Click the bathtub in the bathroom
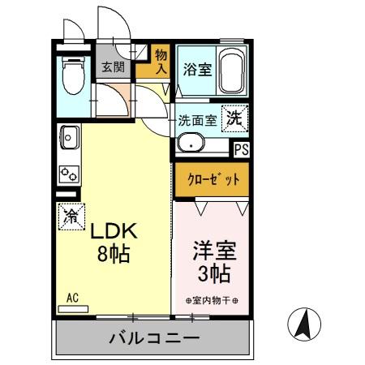point(234,71)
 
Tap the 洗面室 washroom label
point(197,121)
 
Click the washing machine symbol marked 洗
point(234,117)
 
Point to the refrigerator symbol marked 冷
point(71,217)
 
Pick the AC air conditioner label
point(71,298)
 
